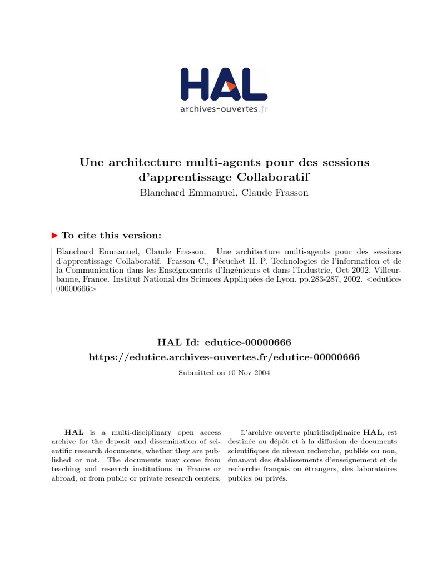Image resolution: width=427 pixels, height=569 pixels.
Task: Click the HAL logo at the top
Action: click(224, 84)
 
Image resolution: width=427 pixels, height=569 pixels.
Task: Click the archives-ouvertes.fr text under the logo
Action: click(224, 109)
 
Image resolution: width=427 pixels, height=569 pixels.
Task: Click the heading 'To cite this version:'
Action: click(111, 235)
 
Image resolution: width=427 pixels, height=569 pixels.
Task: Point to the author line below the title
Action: click(224, 193)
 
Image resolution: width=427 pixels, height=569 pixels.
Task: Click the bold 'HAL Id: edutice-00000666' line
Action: click(224, 341)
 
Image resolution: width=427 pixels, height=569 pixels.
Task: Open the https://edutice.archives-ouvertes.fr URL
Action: click(224, 357)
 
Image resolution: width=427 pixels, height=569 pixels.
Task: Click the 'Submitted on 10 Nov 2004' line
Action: click(224, 373)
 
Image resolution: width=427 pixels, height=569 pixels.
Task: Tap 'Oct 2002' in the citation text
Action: click(340, 271)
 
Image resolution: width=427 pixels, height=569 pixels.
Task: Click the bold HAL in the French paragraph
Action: click(373, 432)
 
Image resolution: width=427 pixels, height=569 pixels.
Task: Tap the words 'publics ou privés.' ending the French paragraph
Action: click(257, 478)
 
